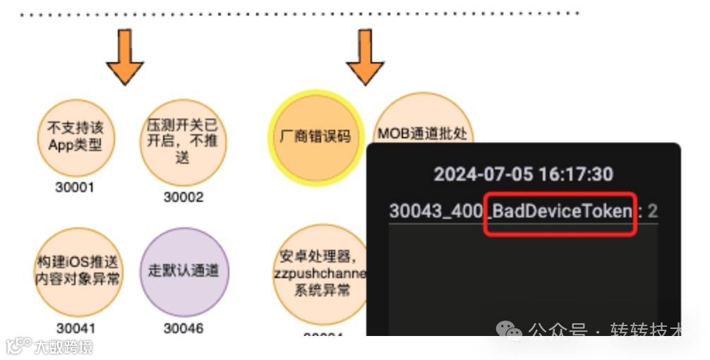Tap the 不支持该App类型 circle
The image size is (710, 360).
(x=75, y=137)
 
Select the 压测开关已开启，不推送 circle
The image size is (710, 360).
(x=183, y=141)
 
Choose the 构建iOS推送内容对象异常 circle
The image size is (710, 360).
(x=77, y=270)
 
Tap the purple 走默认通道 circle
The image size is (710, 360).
(x=183, y=270)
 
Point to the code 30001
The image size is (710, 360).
(x=75, y=188)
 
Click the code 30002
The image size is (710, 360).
(x=183, y=198)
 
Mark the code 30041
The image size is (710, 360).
(x=76, y=328)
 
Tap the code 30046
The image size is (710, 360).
(x=183, y=328)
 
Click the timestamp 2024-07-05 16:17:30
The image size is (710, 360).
(x=523, y=174)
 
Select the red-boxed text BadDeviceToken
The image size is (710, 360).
(x=562, y=211)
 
